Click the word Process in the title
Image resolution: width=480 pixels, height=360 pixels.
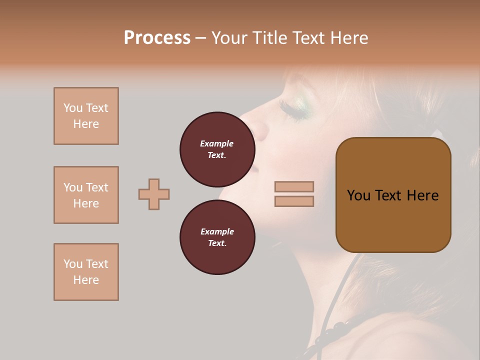pyautogui.click(x=157, y=38)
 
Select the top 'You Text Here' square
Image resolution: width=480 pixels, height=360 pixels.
pyautogui.click(x=86, y=116)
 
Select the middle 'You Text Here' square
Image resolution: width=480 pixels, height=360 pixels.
pyautogui.click(x=86, y=195)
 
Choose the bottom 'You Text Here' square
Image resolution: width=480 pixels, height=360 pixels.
pyautogui.click(x=86, y=272)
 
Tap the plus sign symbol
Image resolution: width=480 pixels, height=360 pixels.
pyautogui.click(x=154, y=194)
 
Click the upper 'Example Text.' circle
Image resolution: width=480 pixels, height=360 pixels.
pyautogui.click(x=217, y=149)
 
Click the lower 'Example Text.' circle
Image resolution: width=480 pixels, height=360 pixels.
pyautogui.click(x=217, y=237)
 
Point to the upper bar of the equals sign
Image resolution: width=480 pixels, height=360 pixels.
pyautogui.click(x=294, y=186)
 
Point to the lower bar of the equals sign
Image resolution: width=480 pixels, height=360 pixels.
pyautogui.click(x=294, y=201)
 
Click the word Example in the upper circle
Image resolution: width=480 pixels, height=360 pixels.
pyautogui.click(x=217, y=143)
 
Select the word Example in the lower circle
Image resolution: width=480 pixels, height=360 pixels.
pyautogui.click(x=217, y=231)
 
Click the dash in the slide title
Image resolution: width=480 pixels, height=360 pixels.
pyautogui.click(x=200, y=38)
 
